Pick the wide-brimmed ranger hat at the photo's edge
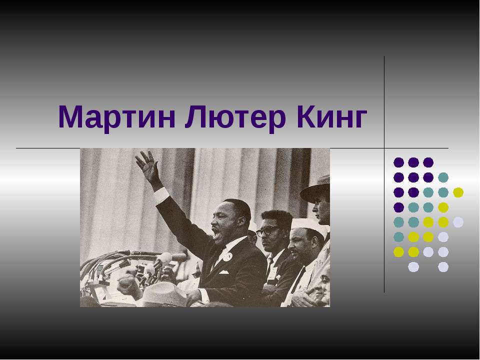pyautogui.click(x=316, y=188)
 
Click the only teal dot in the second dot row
pyautogui.click(x=443, y=177)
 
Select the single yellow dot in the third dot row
pyautogui.click(x=458, y=192)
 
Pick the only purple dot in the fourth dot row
pyautogui.click(x=398, y=207)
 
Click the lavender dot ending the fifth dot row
pyautogui.click(x=458, y=222)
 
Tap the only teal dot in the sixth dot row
pyautogui.click(x=398, y=237)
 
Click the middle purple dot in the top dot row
pyautogui.click(x=413, y=162)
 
